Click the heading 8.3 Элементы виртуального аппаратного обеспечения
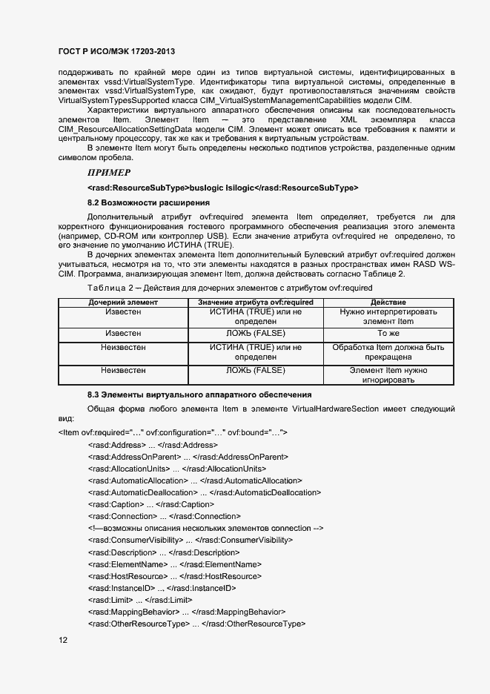(x=199, y=394)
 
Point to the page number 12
(x=63, y=640)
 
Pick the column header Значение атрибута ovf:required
(x=256, y=303)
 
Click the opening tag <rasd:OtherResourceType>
(x=139, y=624)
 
